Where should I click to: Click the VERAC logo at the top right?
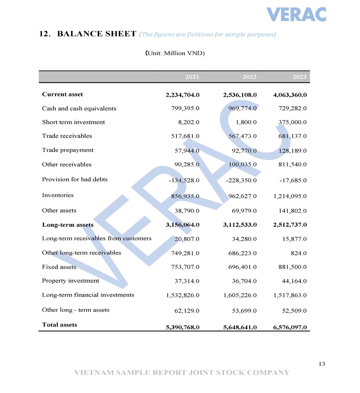coord(296,14)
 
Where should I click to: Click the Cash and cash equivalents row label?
coord(79,108)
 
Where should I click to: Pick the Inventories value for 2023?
coord(290,196)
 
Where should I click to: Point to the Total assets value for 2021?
coord(182,327)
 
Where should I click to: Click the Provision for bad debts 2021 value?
coord(184,180)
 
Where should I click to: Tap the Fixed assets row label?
coord(59,267)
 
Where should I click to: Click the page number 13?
coord(322,364)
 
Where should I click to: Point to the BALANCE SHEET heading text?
coord(97,34)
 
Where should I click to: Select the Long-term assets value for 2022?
coord(240,225)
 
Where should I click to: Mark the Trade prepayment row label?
coord(68,150)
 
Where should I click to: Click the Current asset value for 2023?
coord(290,95)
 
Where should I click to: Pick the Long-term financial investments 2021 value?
coord(182,295)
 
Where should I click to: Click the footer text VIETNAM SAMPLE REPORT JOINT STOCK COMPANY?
coord(182,373)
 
